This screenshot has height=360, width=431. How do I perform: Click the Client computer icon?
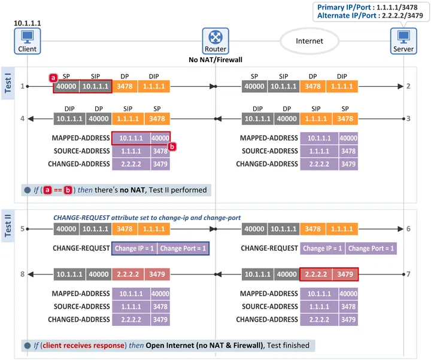(x=28, y=41)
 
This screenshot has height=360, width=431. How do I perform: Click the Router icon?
(x=215, y=41)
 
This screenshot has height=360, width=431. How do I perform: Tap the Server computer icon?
(x=403, y=41)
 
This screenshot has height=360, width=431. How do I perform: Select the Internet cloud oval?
(x=309, y=41)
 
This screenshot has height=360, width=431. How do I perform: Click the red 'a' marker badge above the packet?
(x=53, y=78)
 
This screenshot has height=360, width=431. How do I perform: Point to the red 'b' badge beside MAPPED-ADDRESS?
(x=172, y=147)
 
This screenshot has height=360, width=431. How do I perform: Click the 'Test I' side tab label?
(x=8, y=83)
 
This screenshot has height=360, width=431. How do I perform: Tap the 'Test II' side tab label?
(x=8, y=225)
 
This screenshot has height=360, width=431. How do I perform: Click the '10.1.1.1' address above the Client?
(x=27, y=23)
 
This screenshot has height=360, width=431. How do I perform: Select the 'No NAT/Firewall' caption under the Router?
(x=215, y=60)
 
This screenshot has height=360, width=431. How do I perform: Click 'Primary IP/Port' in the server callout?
(x=344, y=7)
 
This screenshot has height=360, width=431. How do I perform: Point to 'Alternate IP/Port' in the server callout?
(x=347, y=16)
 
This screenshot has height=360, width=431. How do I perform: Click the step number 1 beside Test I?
(x=23, y=86)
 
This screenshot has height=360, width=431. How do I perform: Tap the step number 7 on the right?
(x=408, y=274)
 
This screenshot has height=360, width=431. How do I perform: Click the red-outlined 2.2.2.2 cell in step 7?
(x=316, y=274)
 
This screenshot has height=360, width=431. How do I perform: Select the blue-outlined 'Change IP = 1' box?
(x=135, y=249)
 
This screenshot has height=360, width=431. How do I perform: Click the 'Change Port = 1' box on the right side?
(x=371, y=249)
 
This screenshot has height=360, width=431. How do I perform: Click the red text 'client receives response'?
(x=84, y=346)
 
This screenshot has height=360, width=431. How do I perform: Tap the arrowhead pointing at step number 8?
(x=31, y=274)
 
